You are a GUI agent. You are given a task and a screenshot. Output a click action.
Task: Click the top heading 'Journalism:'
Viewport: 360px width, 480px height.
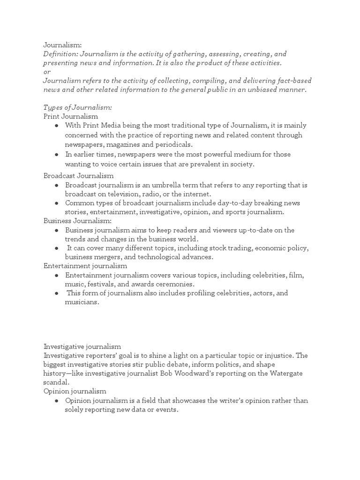pos(62,45)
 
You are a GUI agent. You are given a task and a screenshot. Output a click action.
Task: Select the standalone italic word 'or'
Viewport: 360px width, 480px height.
pos(47,72)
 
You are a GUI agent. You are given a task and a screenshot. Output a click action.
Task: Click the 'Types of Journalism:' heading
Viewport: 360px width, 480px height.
pos(77,107)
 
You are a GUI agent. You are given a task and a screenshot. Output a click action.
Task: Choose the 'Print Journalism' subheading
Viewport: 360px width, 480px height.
pos(71,116)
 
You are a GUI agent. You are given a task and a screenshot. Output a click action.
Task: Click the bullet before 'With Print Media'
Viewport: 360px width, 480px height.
pos(56,126)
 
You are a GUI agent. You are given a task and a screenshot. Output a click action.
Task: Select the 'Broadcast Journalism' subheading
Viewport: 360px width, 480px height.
pos(79,176)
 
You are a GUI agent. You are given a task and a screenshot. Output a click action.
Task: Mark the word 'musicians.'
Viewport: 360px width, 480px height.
pos(82,302)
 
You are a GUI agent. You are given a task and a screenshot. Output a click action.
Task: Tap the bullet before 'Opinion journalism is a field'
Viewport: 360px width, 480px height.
pos(56,401)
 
